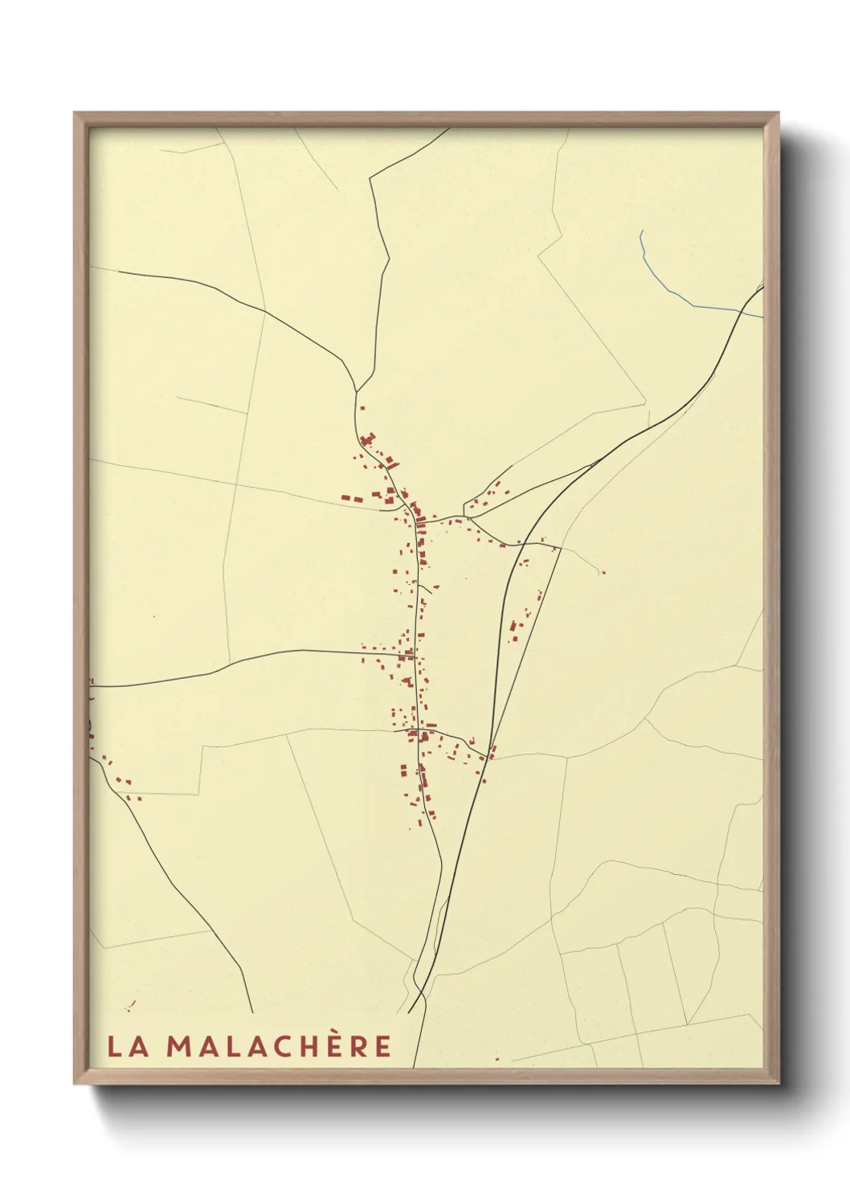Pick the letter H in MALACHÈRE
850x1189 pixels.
tap(303, 1046)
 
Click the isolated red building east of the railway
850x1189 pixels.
tap(603, 573)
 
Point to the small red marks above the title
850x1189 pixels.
tap(130, 1005)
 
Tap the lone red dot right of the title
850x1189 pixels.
tap(497, 1059)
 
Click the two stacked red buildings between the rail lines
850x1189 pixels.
tap(513, 627)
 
